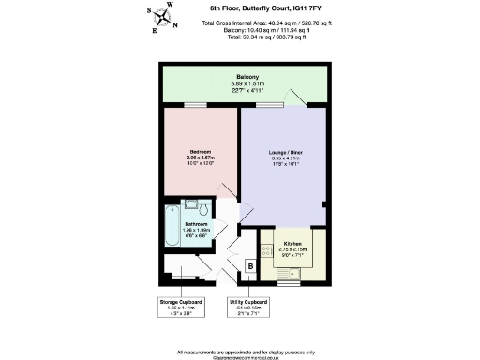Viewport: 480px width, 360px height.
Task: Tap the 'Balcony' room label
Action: pyautogui.click(x=248, y=77)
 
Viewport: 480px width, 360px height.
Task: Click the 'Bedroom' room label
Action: pyautogui.click(x=200, y=151)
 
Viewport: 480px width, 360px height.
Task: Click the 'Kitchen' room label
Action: pyautogui.click(x=292, y=242)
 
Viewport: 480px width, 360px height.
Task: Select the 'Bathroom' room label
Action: pyautogui.click(x=195, y=225)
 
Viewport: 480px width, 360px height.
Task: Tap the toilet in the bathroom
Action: pyautogui.click(x=190, y=206)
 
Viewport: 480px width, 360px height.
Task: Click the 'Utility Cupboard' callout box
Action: pyautogui.click(x=248, y=308)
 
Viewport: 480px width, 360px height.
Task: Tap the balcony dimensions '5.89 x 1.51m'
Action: pyautogui.click(x=248, y=84)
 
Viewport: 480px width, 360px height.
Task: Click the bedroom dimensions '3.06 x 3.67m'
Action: pyautogui.click(x=200, y=157)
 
